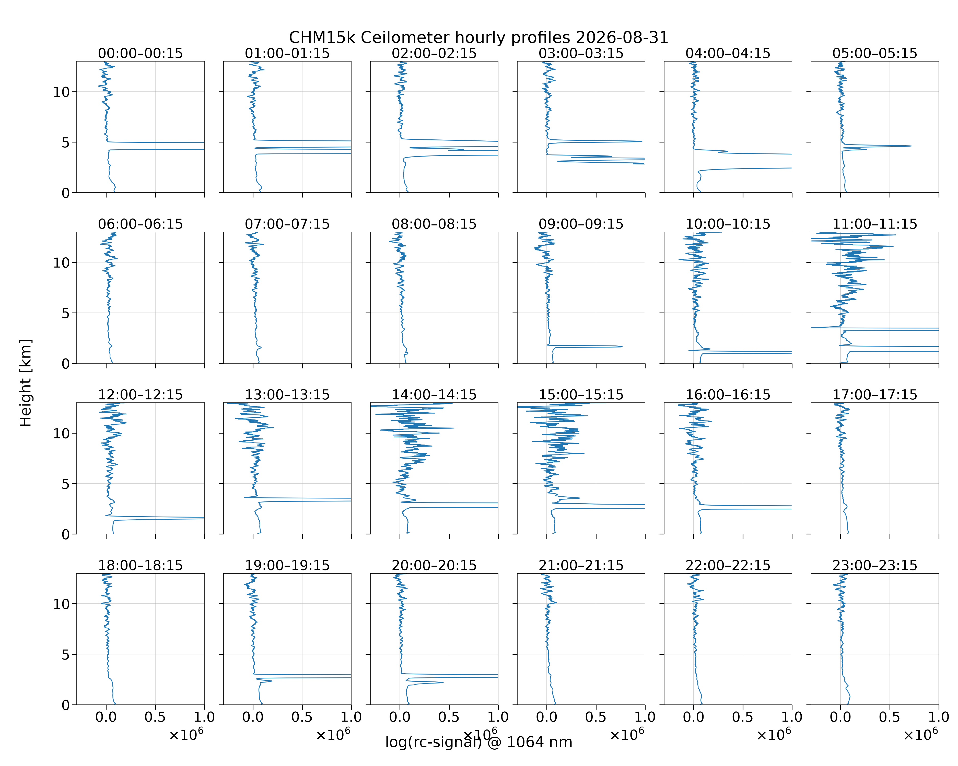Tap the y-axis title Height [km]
point(26,383)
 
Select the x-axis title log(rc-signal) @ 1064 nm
point(478,742)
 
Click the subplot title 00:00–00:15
point(141,53)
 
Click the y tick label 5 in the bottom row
point(66,654)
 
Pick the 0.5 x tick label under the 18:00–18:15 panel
point(155,717)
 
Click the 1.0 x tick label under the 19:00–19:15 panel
point(351,717)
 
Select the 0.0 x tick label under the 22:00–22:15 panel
point(694,717)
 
